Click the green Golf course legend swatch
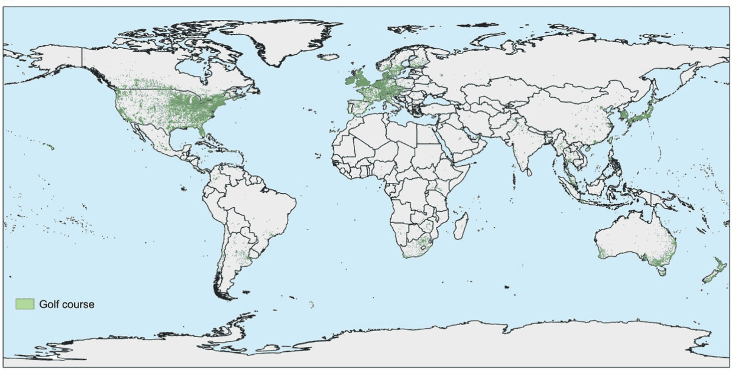click(25, 304)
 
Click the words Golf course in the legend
click(67, 304)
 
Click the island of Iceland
click(329, 58)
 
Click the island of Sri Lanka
click(529, 172)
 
